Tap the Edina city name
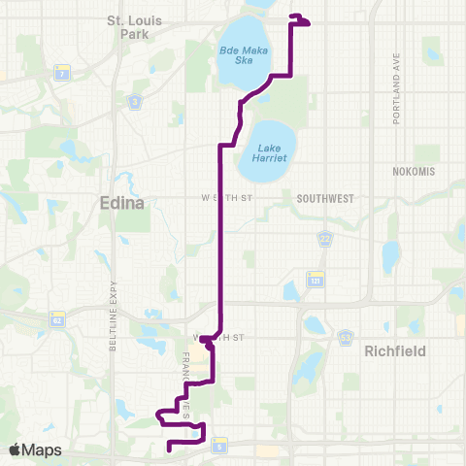121,203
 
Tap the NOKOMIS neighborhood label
416,171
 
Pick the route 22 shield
326,236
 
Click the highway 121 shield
315,280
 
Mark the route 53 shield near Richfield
345,337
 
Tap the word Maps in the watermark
43,449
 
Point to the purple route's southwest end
170,449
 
